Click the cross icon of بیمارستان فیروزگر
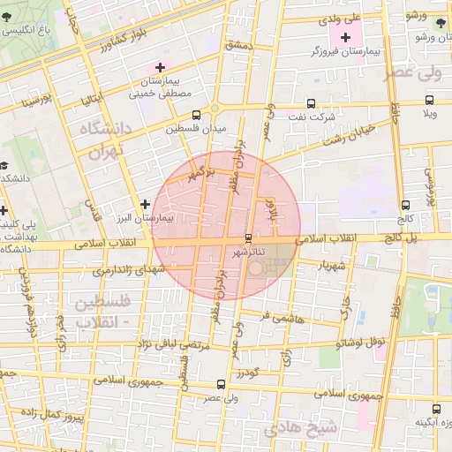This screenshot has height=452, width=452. [x=345, y=38]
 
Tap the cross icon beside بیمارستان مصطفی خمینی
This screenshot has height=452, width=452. [x=160, y=67]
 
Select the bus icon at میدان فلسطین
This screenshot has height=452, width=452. [x=196, y=114]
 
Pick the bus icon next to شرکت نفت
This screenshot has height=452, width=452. [x=309, y=103]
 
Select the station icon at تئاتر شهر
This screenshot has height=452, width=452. [x=248, y=238]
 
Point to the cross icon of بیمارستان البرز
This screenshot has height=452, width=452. [x=146, y=205]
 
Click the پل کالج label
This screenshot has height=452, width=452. [x=405, y=238]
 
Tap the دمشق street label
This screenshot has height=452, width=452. [x=238, y=44]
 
